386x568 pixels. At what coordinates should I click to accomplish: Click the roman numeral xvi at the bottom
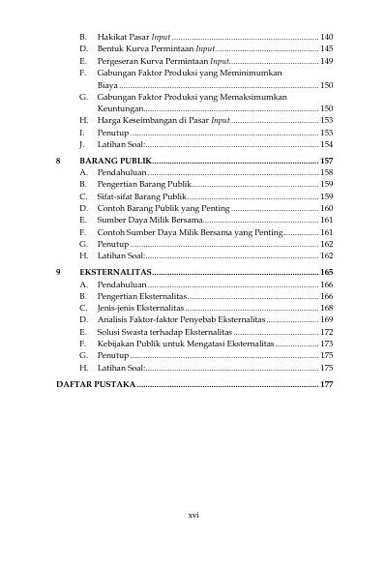tap(193, 514)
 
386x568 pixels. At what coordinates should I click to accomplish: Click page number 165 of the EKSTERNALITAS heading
tap(326, 274)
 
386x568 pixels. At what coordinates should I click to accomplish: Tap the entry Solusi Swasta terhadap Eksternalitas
tap(163, 332)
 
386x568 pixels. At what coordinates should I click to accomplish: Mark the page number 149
tap(326, 60)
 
